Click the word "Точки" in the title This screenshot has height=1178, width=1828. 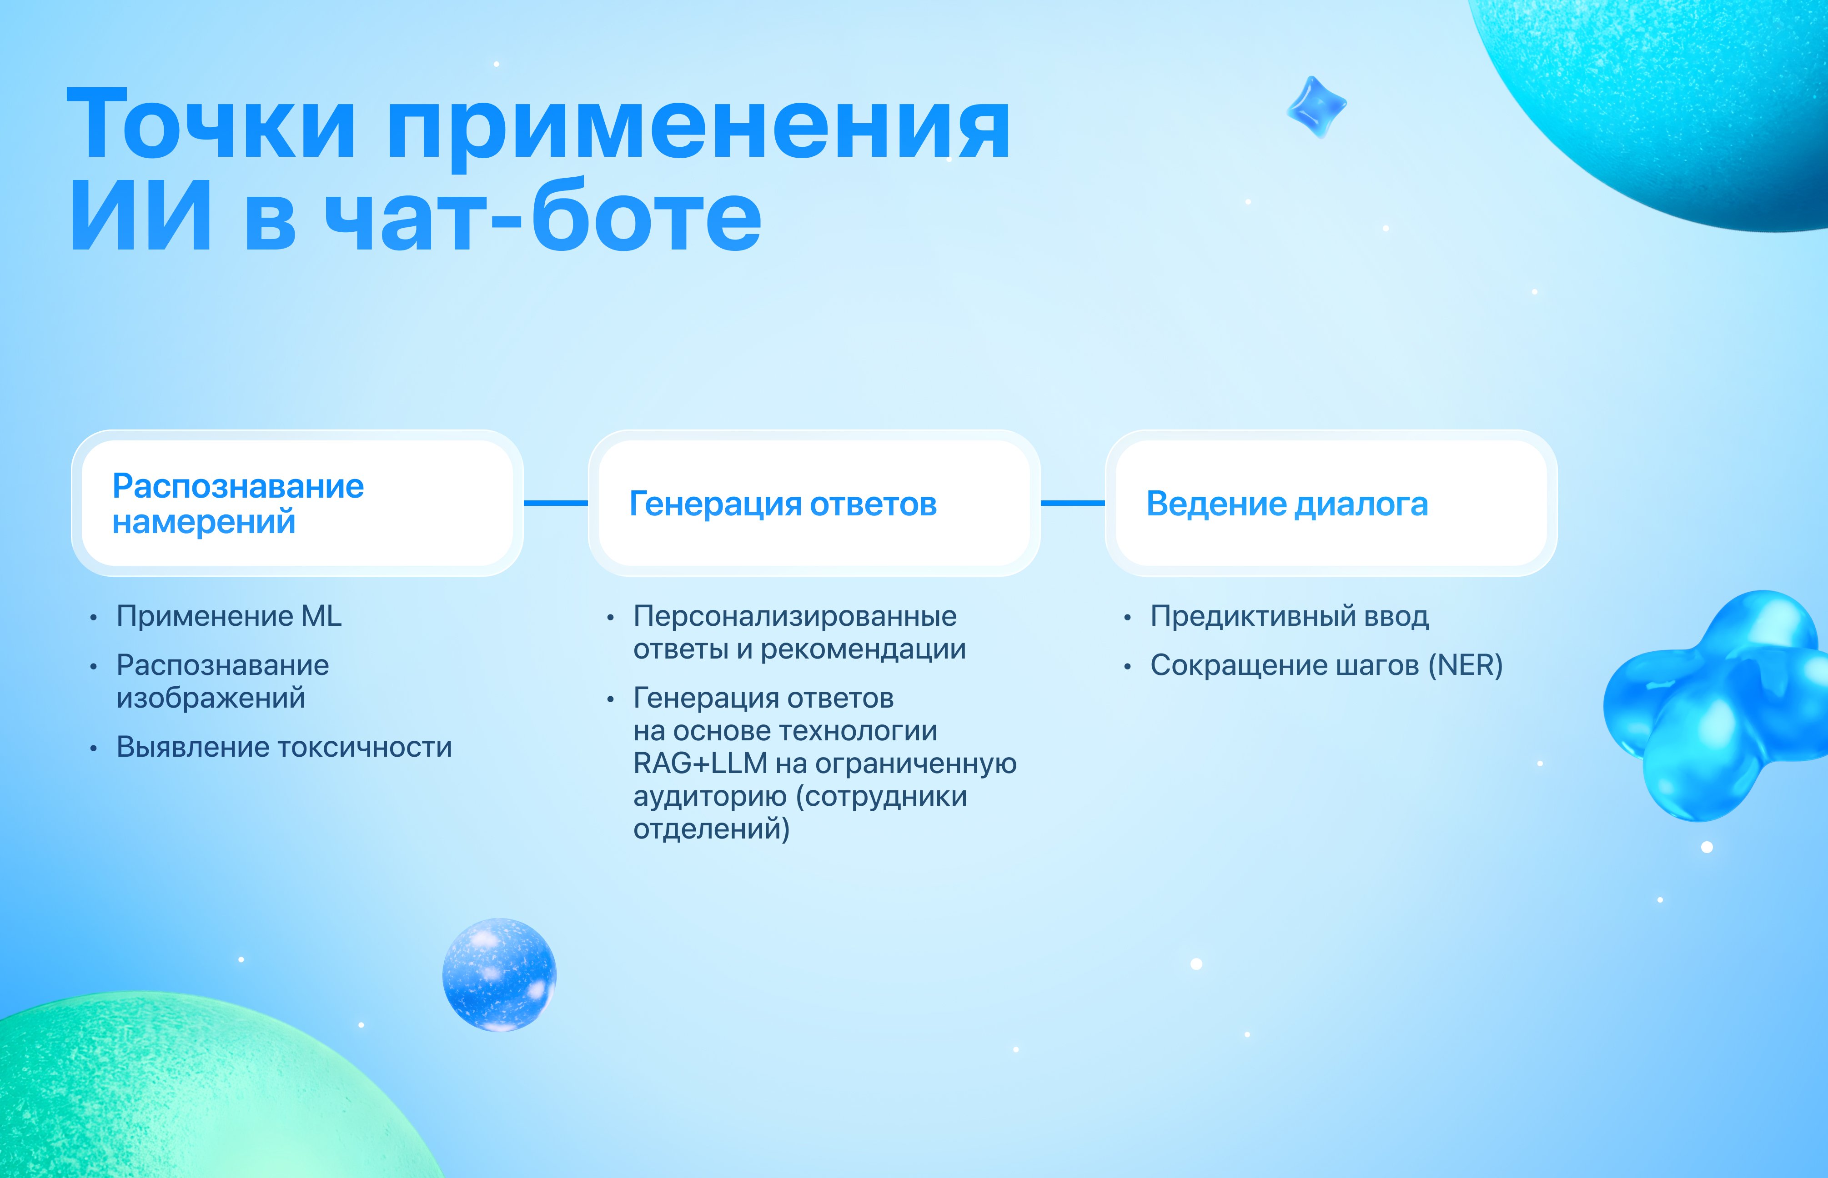211,124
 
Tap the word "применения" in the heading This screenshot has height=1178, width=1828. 698,130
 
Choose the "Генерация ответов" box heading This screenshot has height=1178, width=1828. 783,504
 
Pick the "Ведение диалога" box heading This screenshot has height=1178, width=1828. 1287,504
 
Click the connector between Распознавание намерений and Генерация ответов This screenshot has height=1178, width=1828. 556,503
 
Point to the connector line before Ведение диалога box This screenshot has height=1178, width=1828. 1073,503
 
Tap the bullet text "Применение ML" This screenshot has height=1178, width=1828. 229,616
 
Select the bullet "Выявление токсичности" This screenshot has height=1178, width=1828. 284,747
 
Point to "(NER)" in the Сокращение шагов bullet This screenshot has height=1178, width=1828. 1465,665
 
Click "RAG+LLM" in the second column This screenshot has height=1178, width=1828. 700,764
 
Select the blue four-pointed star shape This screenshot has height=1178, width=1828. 1316,107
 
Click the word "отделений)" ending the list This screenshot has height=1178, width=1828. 712,829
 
